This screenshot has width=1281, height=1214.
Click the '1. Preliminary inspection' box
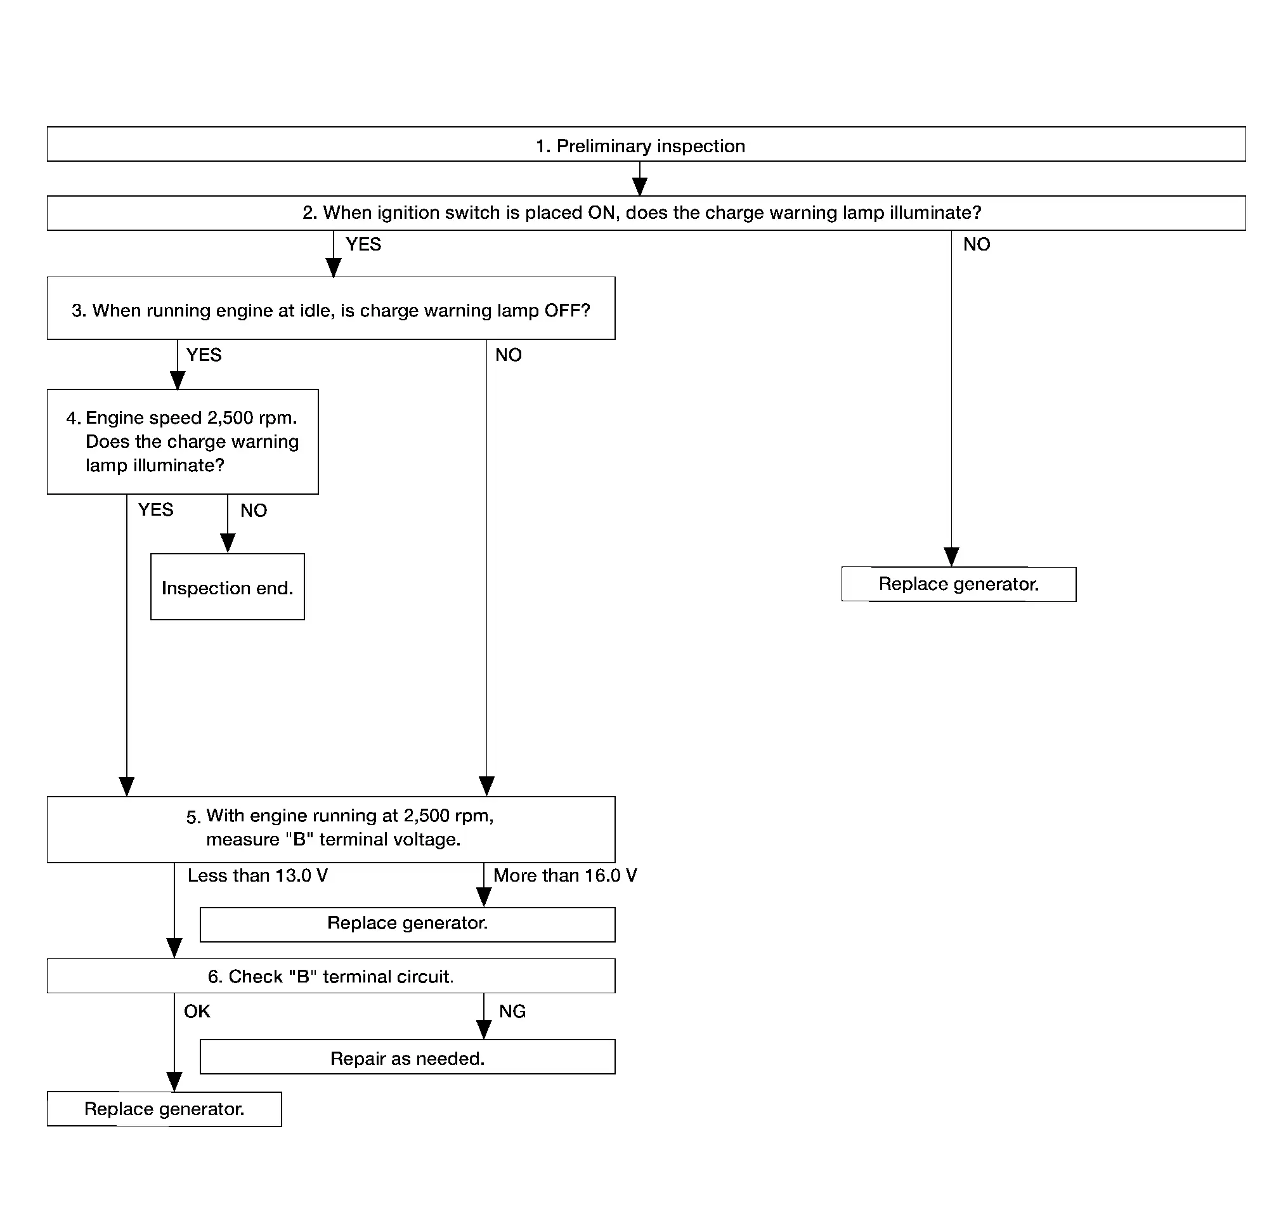[646, 143]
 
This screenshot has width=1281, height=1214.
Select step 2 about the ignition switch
[646, 213]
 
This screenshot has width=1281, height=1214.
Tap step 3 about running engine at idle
[330, 308]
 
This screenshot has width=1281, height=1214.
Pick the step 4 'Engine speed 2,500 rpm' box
[183, 441]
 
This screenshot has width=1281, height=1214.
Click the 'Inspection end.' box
[227, 586]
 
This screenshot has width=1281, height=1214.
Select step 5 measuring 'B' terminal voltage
[330, 829]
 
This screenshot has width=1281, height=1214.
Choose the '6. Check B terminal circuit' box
[330, 976]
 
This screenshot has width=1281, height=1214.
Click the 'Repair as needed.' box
[408, 1057]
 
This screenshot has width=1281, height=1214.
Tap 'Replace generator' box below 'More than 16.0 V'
[408, 924]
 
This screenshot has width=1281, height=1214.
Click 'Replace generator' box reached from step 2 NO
[959, 584]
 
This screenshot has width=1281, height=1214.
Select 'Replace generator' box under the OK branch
[164, 1109]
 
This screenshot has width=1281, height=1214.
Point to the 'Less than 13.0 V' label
[257, 875]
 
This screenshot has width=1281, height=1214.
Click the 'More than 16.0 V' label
[565, 875]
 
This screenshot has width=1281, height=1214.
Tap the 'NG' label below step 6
[512, 1012]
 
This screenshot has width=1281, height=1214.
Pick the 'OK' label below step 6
[197, 1012]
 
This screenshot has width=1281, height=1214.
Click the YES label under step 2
[363, 245]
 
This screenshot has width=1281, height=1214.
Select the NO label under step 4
[254, 511]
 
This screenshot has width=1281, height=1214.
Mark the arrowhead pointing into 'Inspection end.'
[228, 543]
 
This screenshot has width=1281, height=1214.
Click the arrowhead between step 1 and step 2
[640, 186]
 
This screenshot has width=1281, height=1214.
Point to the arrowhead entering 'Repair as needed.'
[484, 1029]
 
